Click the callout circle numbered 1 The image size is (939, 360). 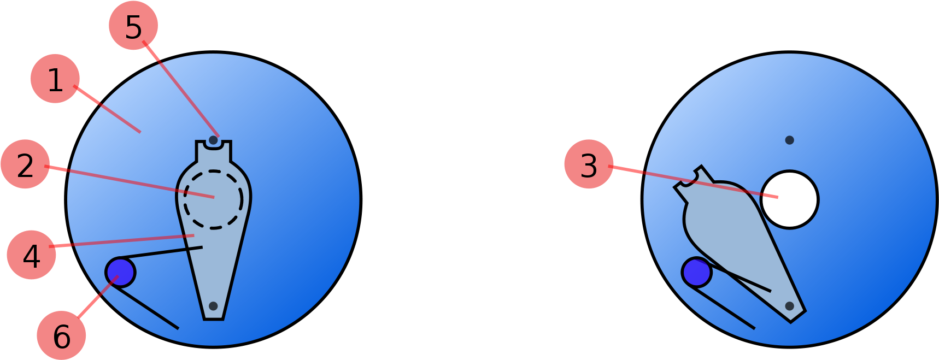point(55,79)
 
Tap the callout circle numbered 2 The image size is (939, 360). point(25,164)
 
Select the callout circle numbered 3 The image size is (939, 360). point(589,164)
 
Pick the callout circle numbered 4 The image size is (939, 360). point(31,255)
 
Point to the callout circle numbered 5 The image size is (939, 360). point(133,26)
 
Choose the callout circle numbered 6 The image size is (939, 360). point(61,335)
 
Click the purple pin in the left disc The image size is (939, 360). point(120,272)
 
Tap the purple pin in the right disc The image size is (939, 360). point(697,272)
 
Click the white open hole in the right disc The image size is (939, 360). point(789,199)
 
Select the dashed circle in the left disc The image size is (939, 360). point(213,171)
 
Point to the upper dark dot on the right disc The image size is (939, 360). point(789,140)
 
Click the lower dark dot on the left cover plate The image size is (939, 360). point(213,306)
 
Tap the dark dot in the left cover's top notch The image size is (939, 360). point(213,140)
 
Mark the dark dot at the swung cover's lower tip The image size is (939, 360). point(789,306)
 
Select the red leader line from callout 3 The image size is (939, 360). point(693,181)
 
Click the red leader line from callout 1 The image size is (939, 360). point(107,109)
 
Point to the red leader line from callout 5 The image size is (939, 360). point(181,88)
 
